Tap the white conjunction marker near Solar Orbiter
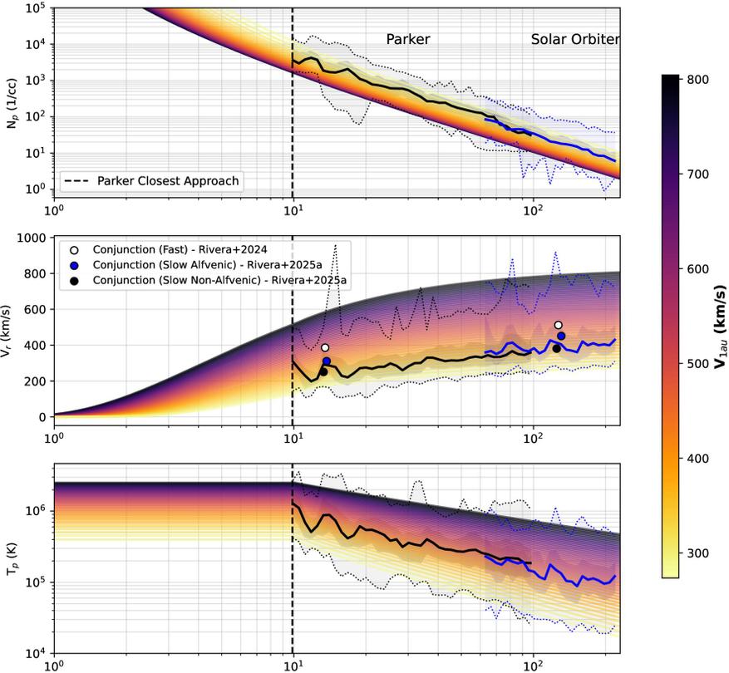coord(559,325)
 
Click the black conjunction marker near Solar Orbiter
coord(556,348)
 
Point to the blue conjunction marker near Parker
coord(327,361)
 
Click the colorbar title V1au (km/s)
coord(721,325)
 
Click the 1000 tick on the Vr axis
coord(32,238)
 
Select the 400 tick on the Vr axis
coord(35,346)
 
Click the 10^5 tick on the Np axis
coord(33,8)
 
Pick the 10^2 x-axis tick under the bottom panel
coord(533,666)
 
